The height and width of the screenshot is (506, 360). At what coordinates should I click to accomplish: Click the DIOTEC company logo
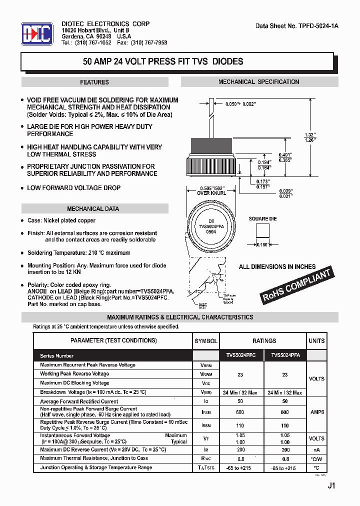pos(36,34)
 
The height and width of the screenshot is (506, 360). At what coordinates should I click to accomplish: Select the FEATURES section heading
pos(94,82)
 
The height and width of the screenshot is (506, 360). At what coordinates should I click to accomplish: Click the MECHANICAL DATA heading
pos(93,209)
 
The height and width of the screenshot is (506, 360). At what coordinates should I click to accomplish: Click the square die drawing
pos(262,231)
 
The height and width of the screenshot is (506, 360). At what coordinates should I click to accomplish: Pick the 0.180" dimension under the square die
pos(262,244)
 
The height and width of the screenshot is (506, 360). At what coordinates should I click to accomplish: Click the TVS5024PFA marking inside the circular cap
pos(211,226)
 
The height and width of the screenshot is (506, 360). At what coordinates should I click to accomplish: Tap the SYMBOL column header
pos(205,341)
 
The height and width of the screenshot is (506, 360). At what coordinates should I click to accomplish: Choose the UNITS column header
pos(316,341)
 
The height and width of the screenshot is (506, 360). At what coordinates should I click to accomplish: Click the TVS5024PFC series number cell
pos(241,355)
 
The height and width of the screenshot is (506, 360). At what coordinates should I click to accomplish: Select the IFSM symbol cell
pos(205,412)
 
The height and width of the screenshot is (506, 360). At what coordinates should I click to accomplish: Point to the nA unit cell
pos(316,449)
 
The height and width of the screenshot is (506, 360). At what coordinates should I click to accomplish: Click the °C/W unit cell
pos(316,458)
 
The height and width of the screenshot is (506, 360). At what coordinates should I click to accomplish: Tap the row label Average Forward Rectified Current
pos(79,401)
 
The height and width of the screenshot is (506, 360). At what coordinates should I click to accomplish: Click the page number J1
pos(331,485)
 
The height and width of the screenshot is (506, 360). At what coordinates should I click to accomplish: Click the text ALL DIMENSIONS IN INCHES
pos(277,266)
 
